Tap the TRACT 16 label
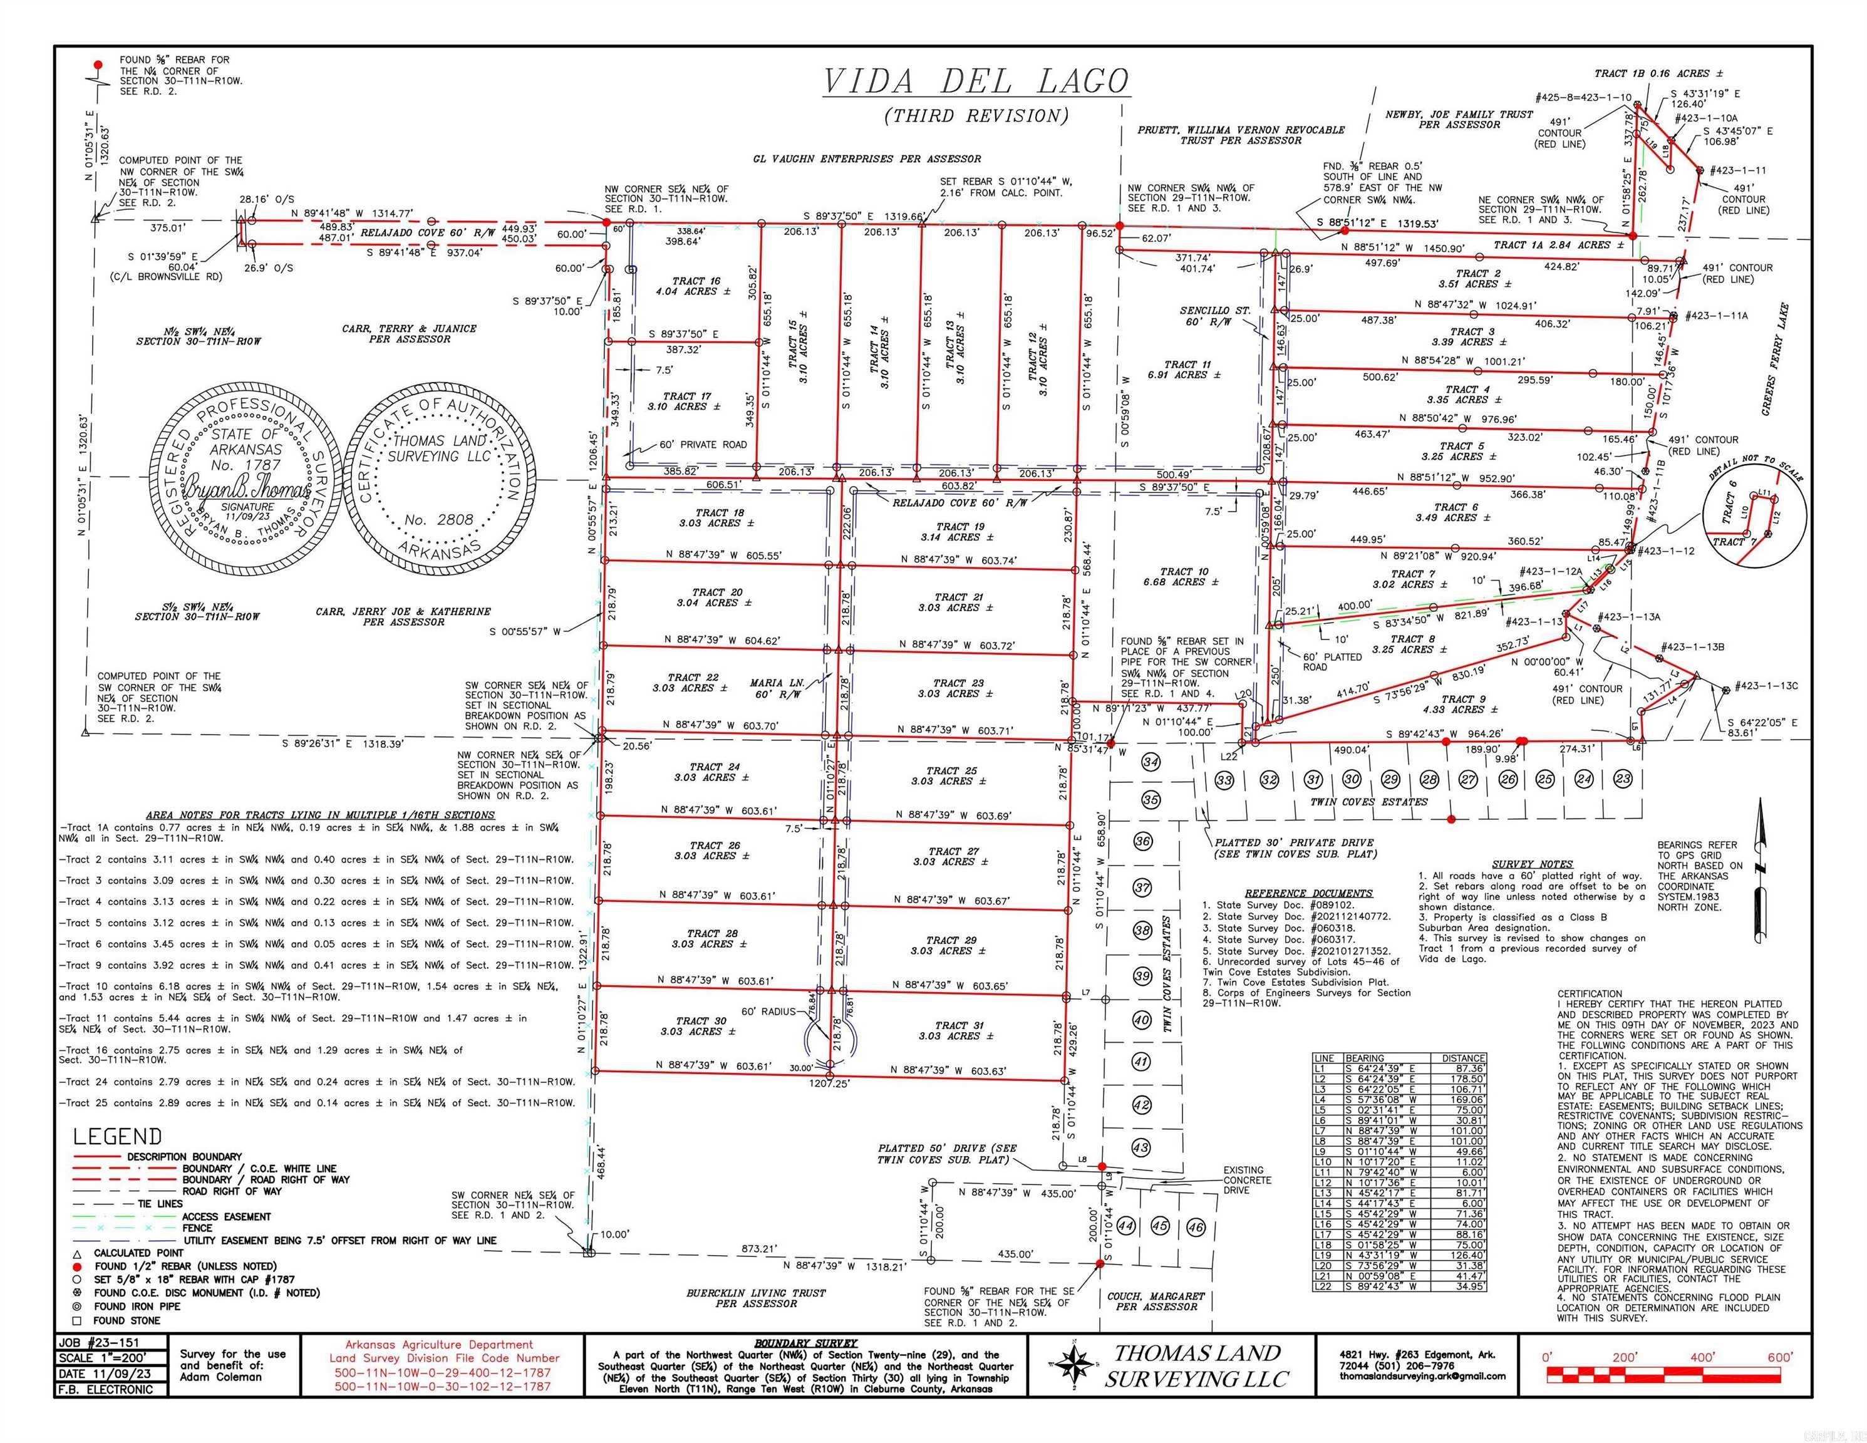pos(696,281)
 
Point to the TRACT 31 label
pos(958,1025)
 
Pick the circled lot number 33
pos(1224,780)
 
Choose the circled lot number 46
pos(1195,1227)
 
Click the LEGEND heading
pos(117,1136)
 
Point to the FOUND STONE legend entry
pos(127,1321)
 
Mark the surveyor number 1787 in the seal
pos(246,465)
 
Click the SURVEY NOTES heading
pos(1532,864)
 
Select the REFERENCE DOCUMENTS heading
pos(1308,893)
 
